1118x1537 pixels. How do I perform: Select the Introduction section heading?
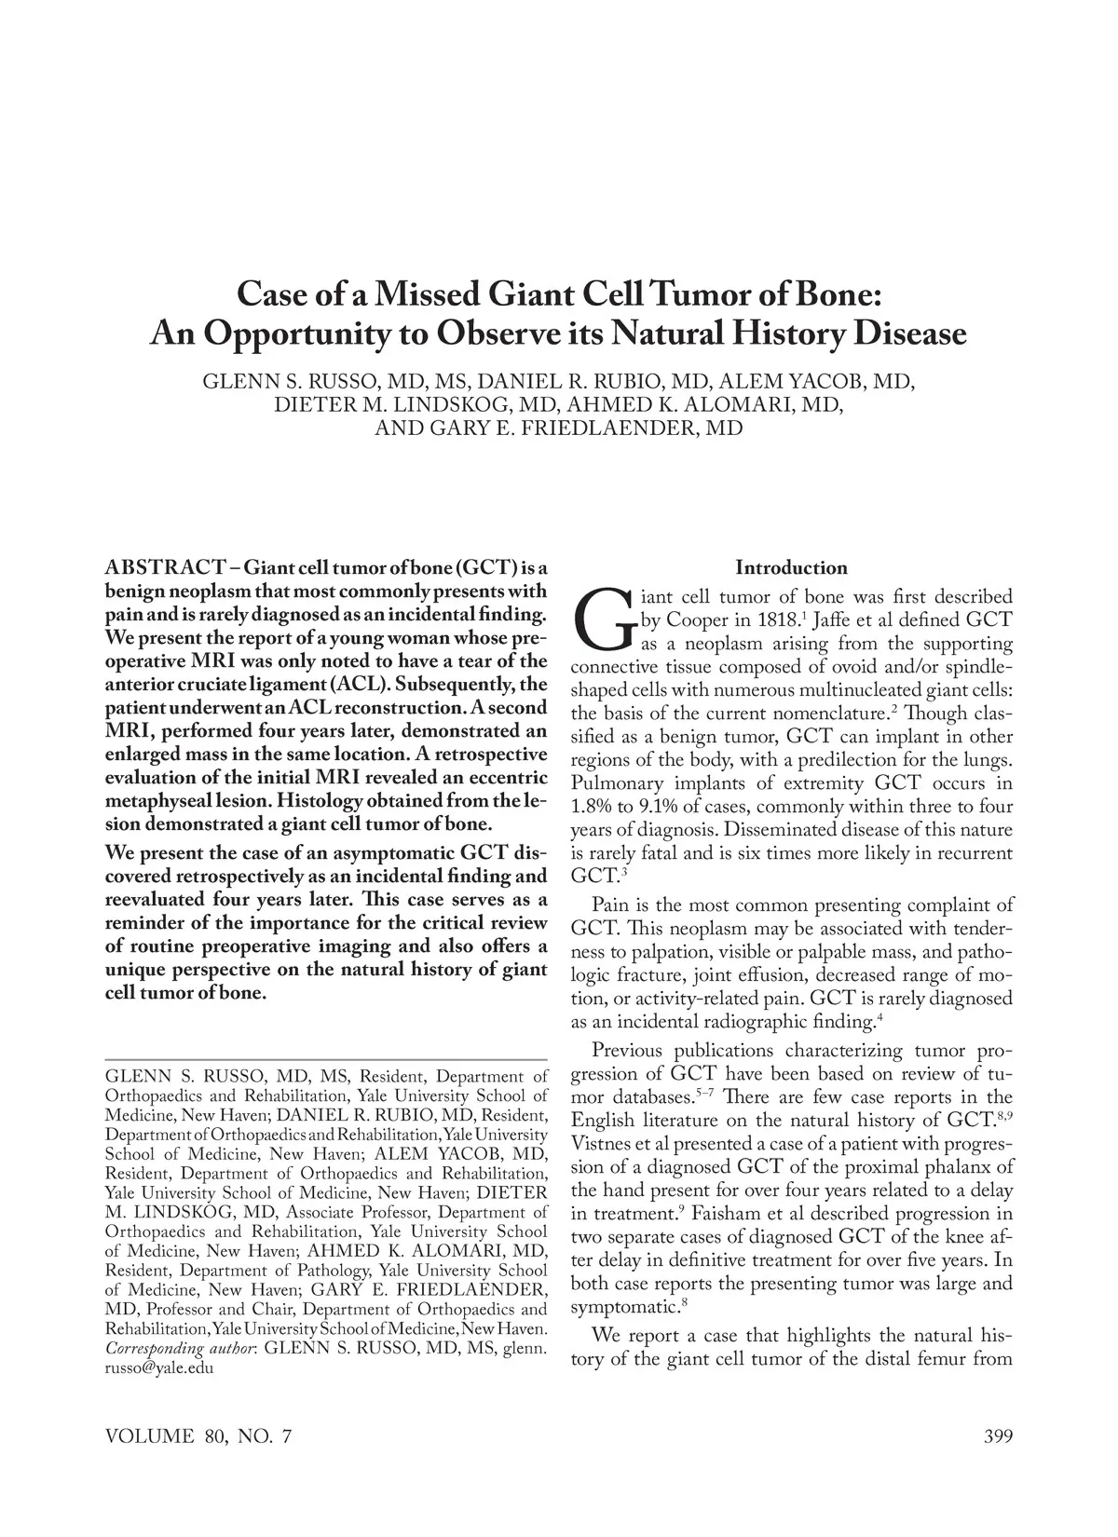pyautogui.click(x=791, y=568)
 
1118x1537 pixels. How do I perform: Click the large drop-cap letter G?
pyautogui.click(x=603, y=619)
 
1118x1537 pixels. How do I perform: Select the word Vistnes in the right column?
pyautogui.click(x=606, y=1144)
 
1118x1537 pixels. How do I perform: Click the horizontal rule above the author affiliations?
pyautogui.click(x=326, y=1060)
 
